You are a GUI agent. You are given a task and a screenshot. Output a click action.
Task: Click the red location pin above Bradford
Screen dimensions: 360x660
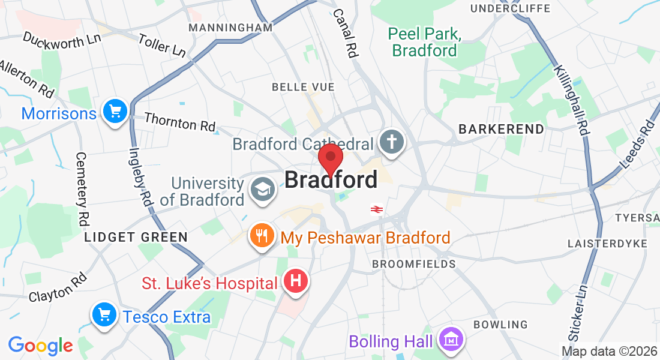330,158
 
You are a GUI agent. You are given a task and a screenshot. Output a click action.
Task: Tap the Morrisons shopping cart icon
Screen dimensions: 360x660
115,112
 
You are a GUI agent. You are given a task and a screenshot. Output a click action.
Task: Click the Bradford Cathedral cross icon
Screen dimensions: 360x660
391,143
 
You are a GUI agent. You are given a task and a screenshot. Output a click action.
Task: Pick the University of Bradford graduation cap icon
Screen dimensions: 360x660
262,190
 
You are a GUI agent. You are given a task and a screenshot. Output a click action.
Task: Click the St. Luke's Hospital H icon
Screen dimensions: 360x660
295,281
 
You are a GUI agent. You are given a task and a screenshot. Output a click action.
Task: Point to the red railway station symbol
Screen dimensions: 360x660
377,209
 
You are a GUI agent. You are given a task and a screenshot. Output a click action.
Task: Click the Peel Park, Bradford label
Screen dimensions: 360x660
424,42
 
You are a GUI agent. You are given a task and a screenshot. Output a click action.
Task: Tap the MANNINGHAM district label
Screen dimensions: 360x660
230,28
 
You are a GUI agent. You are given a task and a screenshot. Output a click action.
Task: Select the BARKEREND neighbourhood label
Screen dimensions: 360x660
501,129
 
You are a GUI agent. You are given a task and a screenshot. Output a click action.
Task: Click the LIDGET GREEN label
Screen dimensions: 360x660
136,237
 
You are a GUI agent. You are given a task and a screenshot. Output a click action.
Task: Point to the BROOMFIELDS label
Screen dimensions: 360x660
413,264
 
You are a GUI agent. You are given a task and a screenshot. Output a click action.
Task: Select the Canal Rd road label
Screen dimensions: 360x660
346,33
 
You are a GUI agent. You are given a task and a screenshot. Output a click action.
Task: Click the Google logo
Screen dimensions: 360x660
40,346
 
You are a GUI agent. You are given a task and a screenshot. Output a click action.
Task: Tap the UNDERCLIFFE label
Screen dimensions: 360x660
510,8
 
